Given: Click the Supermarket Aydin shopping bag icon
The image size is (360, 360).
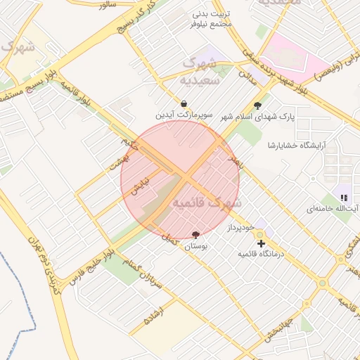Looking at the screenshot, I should tap(184, 103).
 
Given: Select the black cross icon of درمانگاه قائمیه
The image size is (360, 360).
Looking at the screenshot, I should tap(262, 243).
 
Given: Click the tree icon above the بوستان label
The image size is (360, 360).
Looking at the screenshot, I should tap(195, 235).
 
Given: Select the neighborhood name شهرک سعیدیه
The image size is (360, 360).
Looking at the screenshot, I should tap(201, 71).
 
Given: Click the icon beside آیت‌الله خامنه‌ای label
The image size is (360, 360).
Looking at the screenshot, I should tap(344, 199).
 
